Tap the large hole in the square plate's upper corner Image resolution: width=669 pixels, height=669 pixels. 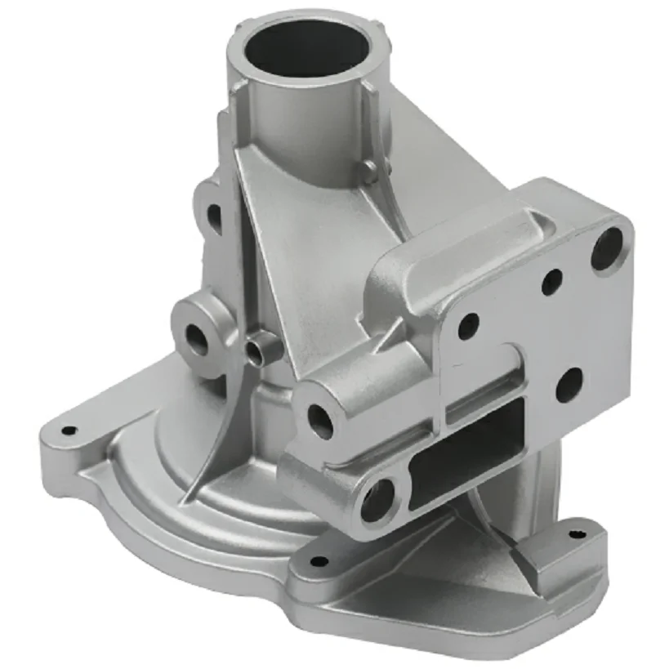(x=607, y=248)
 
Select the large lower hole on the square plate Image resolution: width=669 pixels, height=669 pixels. (x=569, y=384)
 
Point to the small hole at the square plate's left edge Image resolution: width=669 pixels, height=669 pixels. (x=468, y=326)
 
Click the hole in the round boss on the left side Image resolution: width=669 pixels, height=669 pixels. (x=197, y=335)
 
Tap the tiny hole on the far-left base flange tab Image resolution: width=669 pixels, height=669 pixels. (x=70, y=430)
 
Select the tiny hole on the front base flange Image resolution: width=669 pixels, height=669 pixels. (x=319, y=562)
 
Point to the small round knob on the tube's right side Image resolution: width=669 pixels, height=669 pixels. (x=370, y=172)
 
